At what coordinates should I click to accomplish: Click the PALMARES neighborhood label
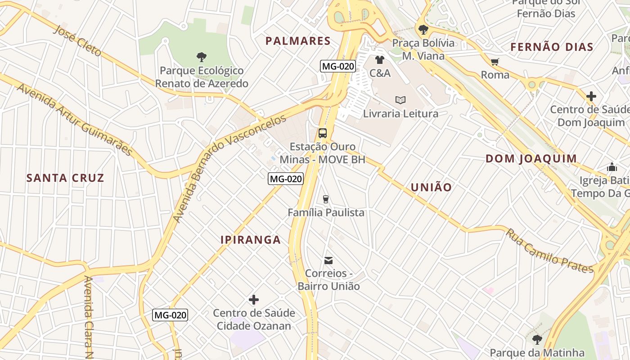(298, 41)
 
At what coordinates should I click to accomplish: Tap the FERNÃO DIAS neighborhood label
(552, 47)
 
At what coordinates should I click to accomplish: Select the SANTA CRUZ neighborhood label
(65, 178)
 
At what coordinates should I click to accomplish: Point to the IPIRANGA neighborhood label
(251, 240)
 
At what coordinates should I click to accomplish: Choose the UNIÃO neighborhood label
(431, 187)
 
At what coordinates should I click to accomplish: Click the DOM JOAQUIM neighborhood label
(531, 158)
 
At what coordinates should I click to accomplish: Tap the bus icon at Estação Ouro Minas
(323, 133)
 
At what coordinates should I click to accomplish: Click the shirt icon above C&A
(380, 60)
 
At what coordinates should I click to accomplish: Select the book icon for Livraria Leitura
(400, 100)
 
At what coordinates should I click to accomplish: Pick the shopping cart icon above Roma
(495, 62)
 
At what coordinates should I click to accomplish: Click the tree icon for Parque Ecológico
(202, 57)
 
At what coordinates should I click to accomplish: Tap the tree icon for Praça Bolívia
(423, 30)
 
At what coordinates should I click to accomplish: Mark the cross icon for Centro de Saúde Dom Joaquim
(591, 96)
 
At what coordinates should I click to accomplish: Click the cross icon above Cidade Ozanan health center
(254, 300)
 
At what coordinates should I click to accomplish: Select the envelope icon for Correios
(328, 260)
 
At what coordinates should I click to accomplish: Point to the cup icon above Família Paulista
(326, 199)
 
